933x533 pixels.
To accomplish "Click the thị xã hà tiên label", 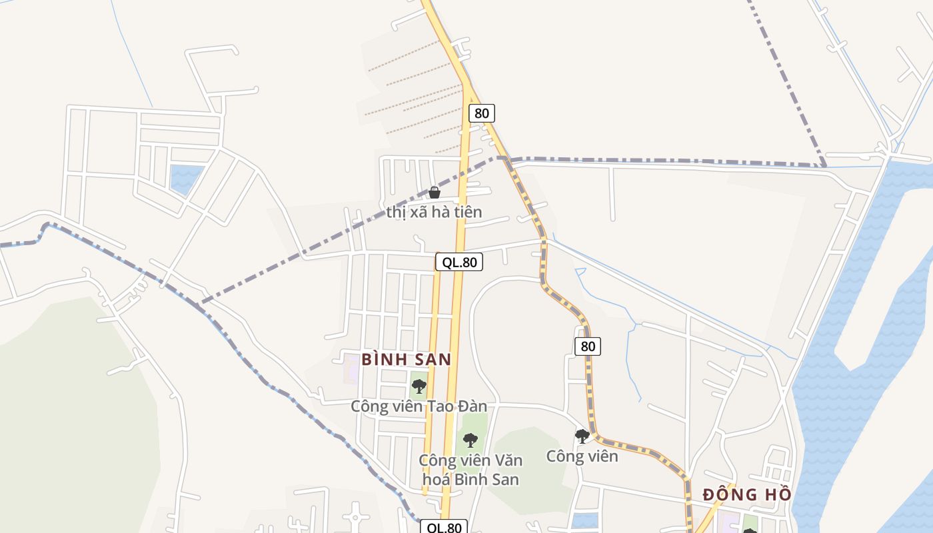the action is (434, 213).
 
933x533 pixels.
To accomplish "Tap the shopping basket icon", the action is (435, 193).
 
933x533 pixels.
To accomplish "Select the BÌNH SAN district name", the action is (406, 360).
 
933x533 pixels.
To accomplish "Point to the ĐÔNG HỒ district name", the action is (747, 494).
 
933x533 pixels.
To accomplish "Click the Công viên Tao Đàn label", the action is (419, 406).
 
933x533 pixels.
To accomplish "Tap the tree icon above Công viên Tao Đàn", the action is (419, 386).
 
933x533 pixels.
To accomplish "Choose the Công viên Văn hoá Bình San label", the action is (470, 470).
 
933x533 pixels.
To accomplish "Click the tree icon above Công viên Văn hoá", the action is (470, 440).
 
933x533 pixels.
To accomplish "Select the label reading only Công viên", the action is (582, 456).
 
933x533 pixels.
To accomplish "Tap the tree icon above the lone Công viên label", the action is (582, 436).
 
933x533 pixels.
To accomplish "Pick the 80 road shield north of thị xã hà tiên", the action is (481, 113).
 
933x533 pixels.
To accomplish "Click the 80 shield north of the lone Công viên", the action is (587, 346).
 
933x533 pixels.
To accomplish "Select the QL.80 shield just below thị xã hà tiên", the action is (459, 262).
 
